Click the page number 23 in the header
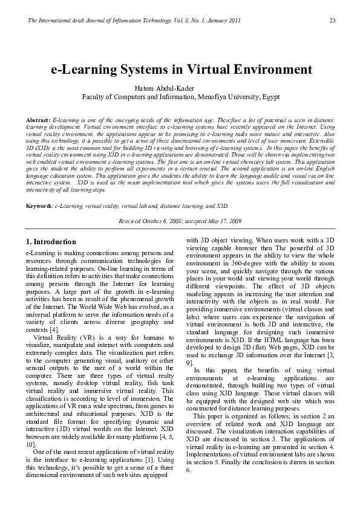tap(332, 21)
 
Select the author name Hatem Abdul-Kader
tap(180, 88)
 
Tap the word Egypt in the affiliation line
tap(269, 96)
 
